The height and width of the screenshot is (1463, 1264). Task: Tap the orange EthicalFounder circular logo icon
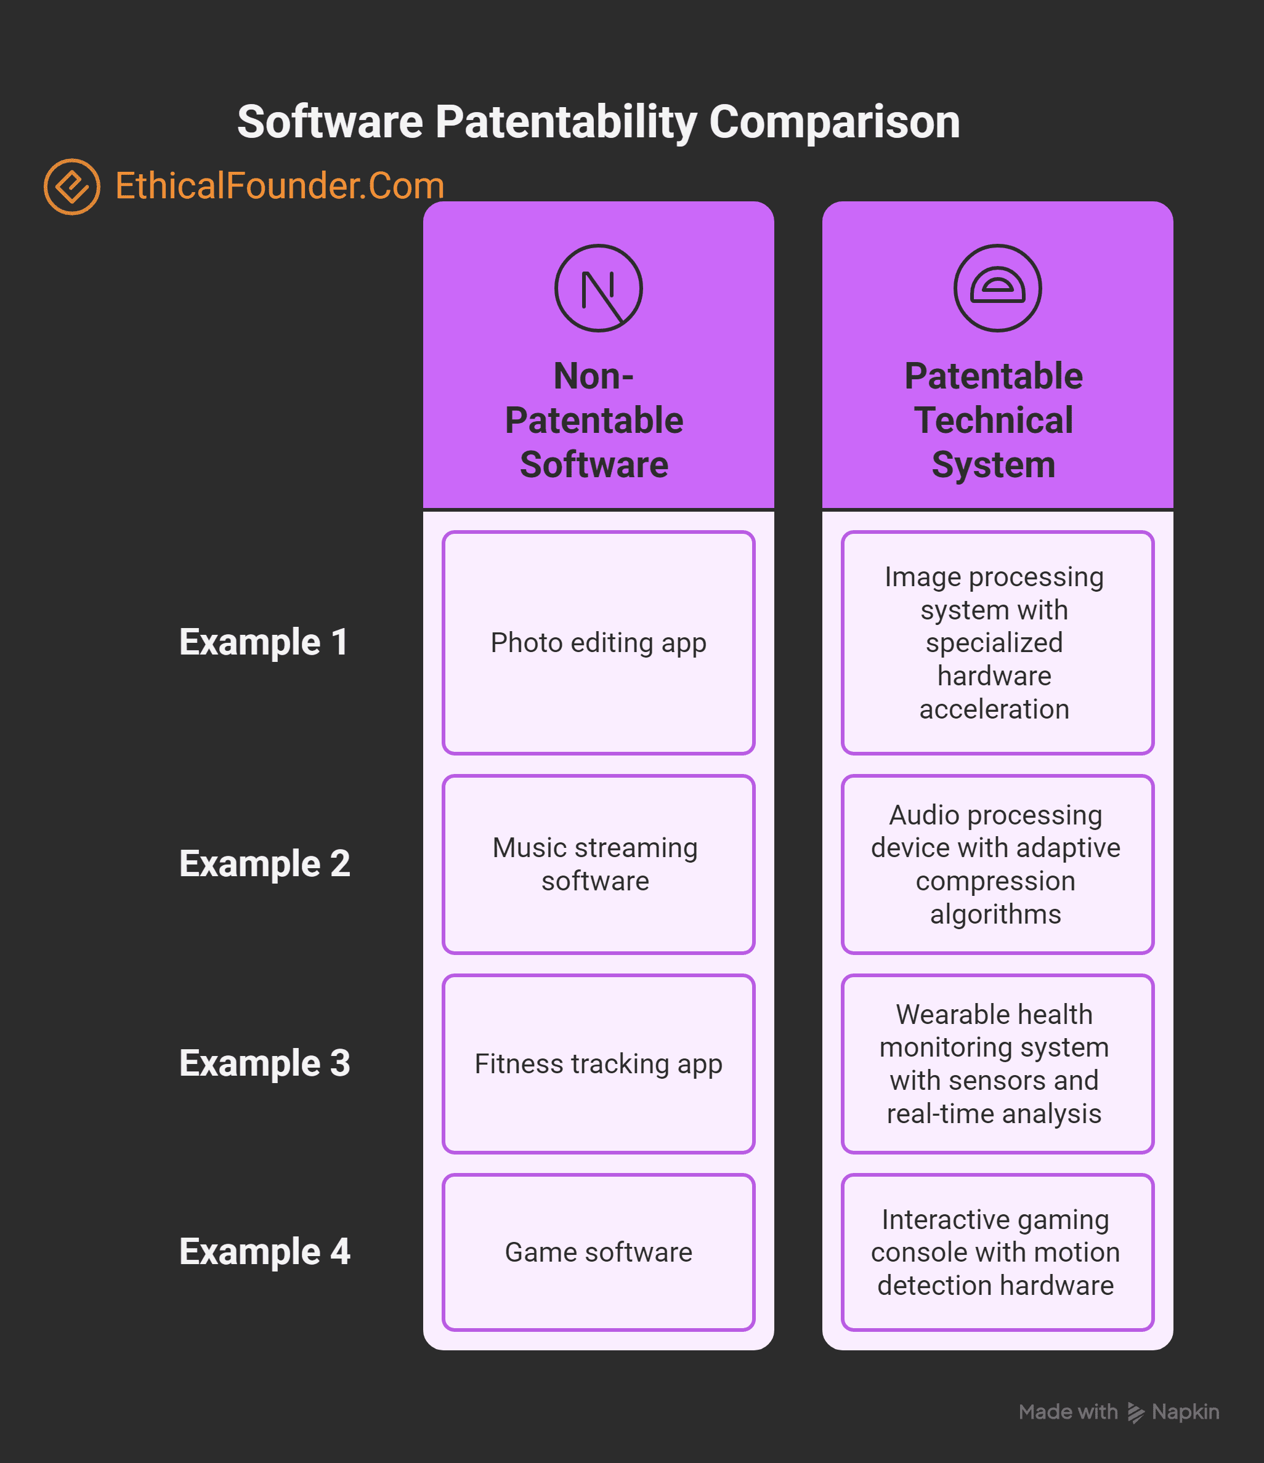click(x=71, y=187)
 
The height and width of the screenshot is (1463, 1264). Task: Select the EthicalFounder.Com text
click(x=280, y=187)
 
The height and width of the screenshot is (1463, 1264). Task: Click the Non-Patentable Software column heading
click(x=594, y=420)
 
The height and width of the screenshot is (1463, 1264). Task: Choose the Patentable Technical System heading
click(x=994, y=420)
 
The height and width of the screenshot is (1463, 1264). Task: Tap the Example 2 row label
click(x=264, y=863)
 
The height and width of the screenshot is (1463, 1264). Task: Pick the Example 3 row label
click(x=264, y=1063)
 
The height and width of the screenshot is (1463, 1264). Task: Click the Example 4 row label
click(x=264, y=1252)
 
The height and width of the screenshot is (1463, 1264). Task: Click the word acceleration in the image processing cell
click(x=994, y=709)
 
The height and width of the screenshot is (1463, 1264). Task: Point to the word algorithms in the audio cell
click(x=995, y=914)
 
